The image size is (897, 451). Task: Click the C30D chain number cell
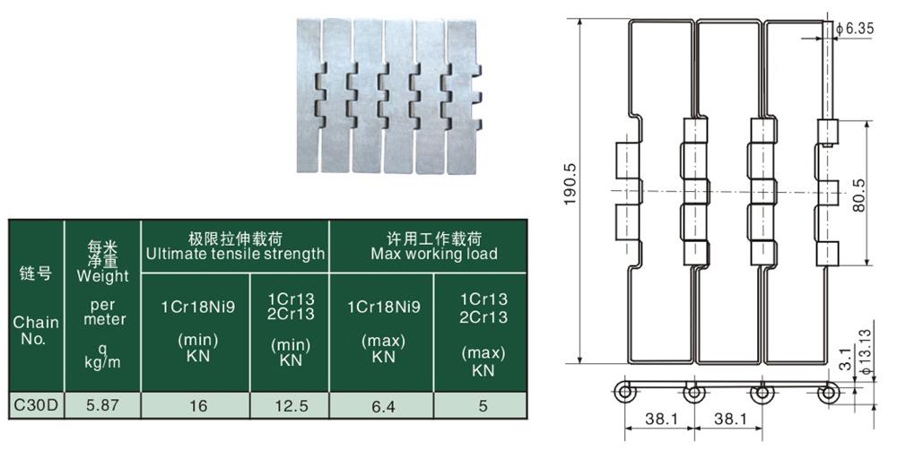(36, 405)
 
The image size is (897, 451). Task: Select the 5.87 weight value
(102, 405)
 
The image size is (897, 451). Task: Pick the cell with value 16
(198, 405)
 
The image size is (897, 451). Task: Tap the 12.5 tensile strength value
(291, 405)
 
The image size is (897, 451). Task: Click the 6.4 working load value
(381, 405)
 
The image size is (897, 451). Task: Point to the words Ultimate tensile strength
(236, 254)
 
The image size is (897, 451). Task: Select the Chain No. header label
(36, 331)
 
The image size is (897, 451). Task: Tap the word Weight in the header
(102, 276)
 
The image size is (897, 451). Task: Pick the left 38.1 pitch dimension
(655, 418)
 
